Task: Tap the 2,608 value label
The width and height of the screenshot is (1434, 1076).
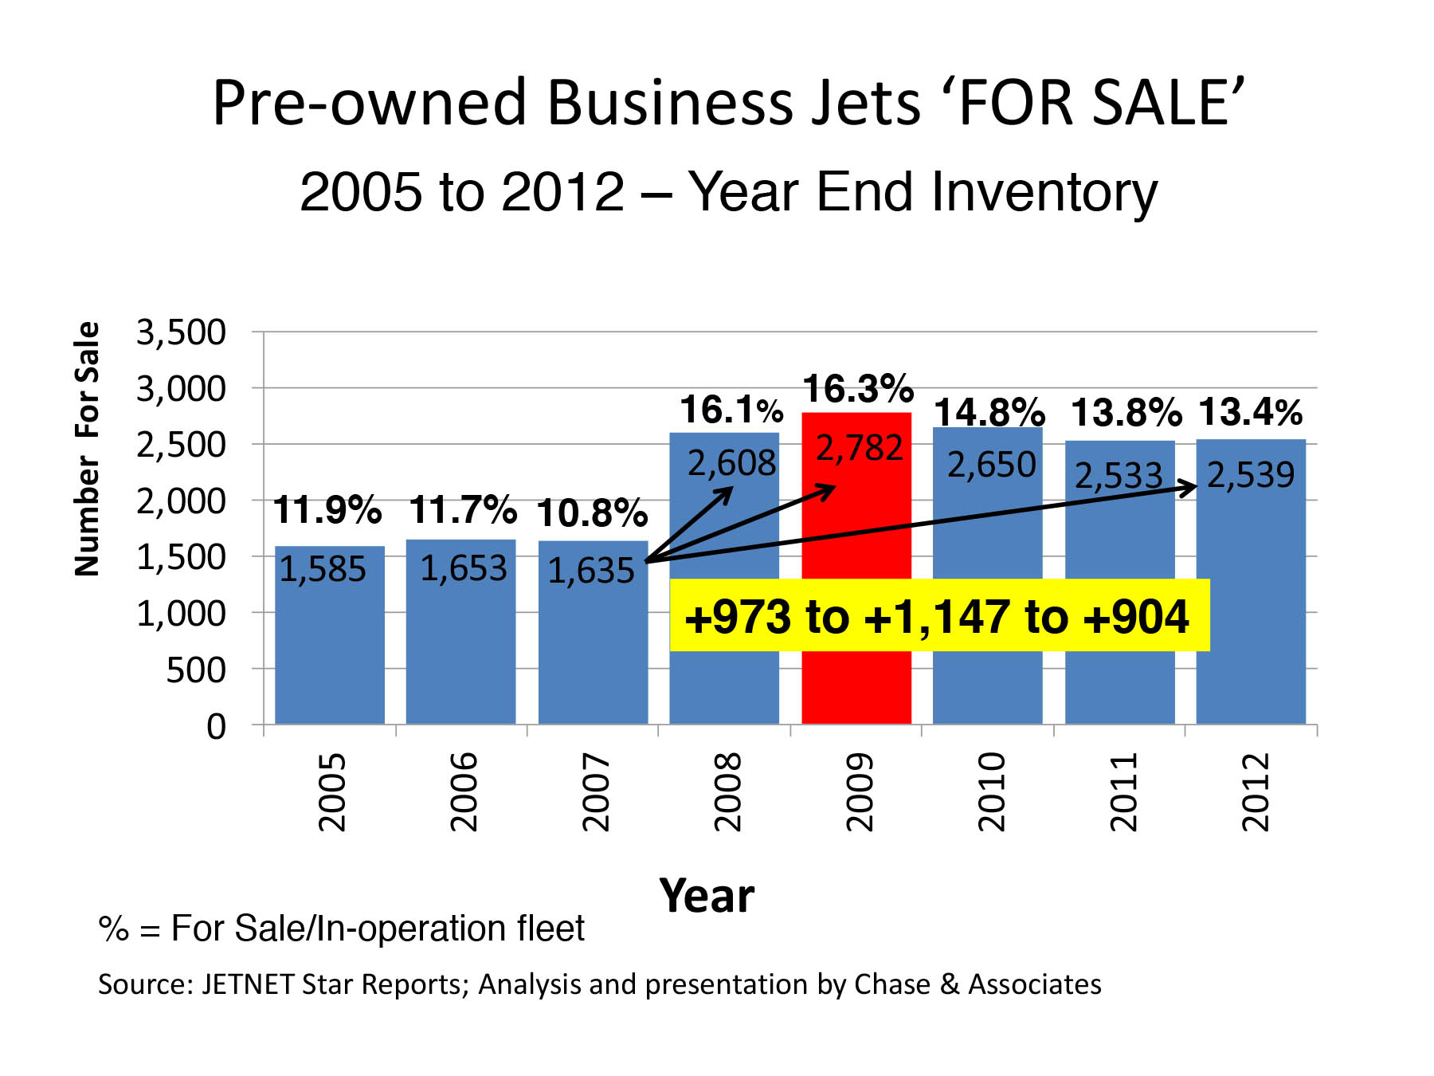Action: click(731, 463)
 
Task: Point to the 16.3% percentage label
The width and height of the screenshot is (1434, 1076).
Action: click(857, 390)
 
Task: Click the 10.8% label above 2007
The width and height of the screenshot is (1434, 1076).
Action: click(591, 513)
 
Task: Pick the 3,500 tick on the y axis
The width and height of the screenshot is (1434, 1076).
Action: click(182, 332)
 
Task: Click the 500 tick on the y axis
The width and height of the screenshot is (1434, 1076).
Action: click(196, 670)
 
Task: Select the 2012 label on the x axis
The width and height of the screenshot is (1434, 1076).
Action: click(1255, 791)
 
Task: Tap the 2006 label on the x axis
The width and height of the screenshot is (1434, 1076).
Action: click(463, 791)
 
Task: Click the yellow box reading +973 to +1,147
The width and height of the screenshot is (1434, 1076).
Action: click(938, 616)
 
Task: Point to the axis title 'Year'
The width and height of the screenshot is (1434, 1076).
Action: click(707, 896)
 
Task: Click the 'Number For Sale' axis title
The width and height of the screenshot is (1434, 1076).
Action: click(87, 449)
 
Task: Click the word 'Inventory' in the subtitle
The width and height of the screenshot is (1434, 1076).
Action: click(1044, 192)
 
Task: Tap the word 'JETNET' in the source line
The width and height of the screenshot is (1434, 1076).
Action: click(248, 984)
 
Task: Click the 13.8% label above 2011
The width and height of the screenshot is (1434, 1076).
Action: click(1126, 413)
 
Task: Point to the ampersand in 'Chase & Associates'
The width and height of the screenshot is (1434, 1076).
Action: click(949, 984)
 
